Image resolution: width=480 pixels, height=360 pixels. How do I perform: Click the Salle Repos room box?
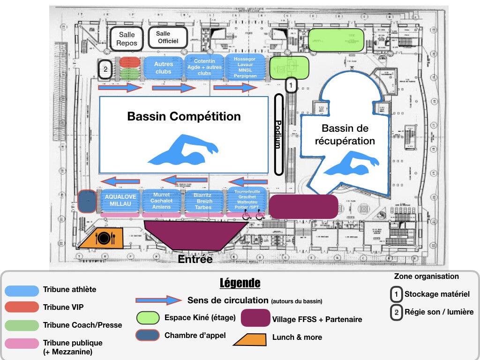[127, 39]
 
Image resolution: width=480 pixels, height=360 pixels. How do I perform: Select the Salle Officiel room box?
[168, 37]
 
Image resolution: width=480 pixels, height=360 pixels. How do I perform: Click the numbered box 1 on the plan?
[291, 85]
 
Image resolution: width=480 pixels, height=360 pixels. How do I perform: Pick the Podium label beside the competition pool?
[278, 134]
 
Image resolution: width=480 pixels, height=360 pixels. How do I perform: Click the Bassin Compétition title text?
[184, 117]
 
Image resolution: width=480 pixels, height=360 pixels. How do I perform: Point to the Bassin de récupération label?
[345, 135]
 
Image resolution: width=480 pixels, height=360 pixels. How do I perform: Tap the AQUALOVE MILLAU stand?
[120, 201]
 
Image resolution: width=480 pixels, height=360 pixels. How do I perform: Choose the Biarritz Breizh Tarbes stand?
[203, 201]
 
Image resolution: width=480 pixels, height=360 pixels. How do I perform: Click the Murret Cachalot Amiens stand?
[162, 201]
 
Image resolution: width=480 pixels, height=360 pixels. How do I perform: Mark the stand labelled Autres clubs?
[164, 68]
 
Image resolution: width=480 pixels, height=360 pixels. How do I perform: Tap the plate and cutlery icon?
[104, 238]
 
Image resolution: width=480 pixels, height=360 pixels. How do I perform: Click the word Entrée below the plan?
[195, 259]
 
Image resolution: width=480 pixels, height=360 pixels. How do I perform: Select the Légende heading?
[240, 284]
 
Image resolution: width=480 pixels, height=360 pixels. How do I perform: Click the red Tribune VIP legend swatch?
[22, 307]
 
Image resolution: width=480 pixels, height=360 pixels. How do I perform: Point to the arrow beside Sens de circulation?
[158, 300]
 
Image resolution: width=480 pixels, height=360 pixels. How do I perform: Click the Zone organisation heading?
[426, 277]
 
